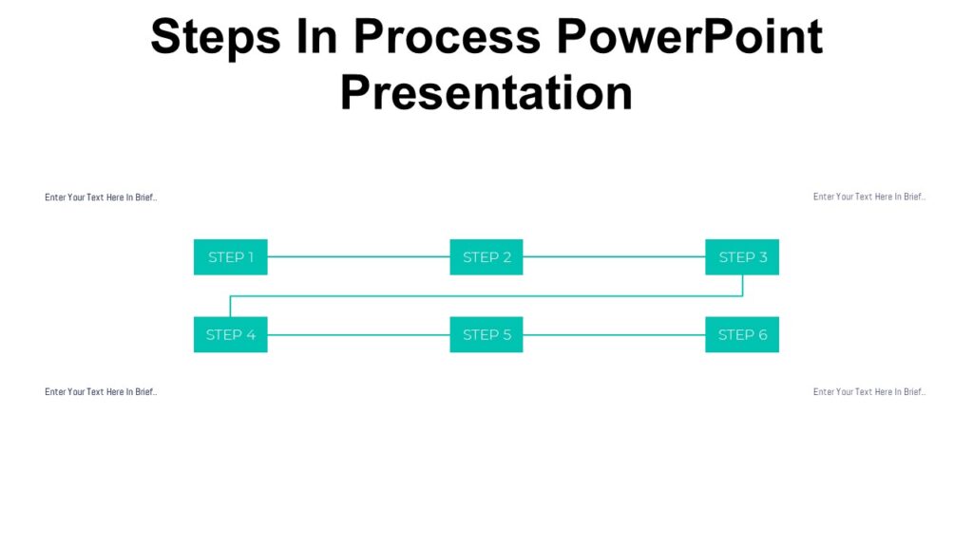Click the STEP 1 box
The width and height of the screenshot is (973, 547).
click(230, 257)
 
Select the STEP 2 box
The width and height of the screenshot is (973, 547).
click(486, 257)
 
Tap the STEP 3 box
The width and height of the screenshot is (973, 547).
click(741, 257)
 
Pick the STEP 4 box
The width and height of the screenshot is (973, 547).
click(230, 334)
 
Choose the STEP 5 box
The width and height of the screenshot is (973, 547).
click(486, 334)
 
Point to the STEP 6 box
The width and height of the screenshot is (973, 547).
click(741, 334)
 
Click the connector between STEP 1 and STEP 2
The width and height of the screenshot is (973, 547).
click(358, 256)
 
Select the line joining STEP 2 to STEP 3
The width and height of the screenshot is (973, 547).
click(614, 256)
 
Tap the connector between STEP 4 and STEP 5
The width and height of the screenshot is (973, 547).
click(358, 334)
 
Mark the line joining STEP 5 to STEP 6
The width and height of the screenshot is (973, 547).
click(614, 334)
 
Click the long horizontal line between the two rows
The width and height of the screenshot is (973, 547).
click(486, 295)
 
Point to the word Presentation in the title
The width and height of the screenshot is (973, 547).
click(486, 93)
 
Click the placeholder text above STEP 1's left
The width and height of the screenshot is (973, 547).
click(101, 198)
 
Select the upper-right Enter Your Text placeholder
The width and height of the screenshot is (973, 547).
click(868, 197)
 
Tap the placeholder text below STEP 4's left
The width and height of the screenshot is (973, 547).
click(101, 391)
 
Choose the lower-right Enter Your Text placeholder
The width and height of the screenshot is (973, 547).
click(868, 391)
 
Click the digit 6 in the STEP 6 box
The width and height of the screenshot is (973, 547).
click(762, 334)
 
